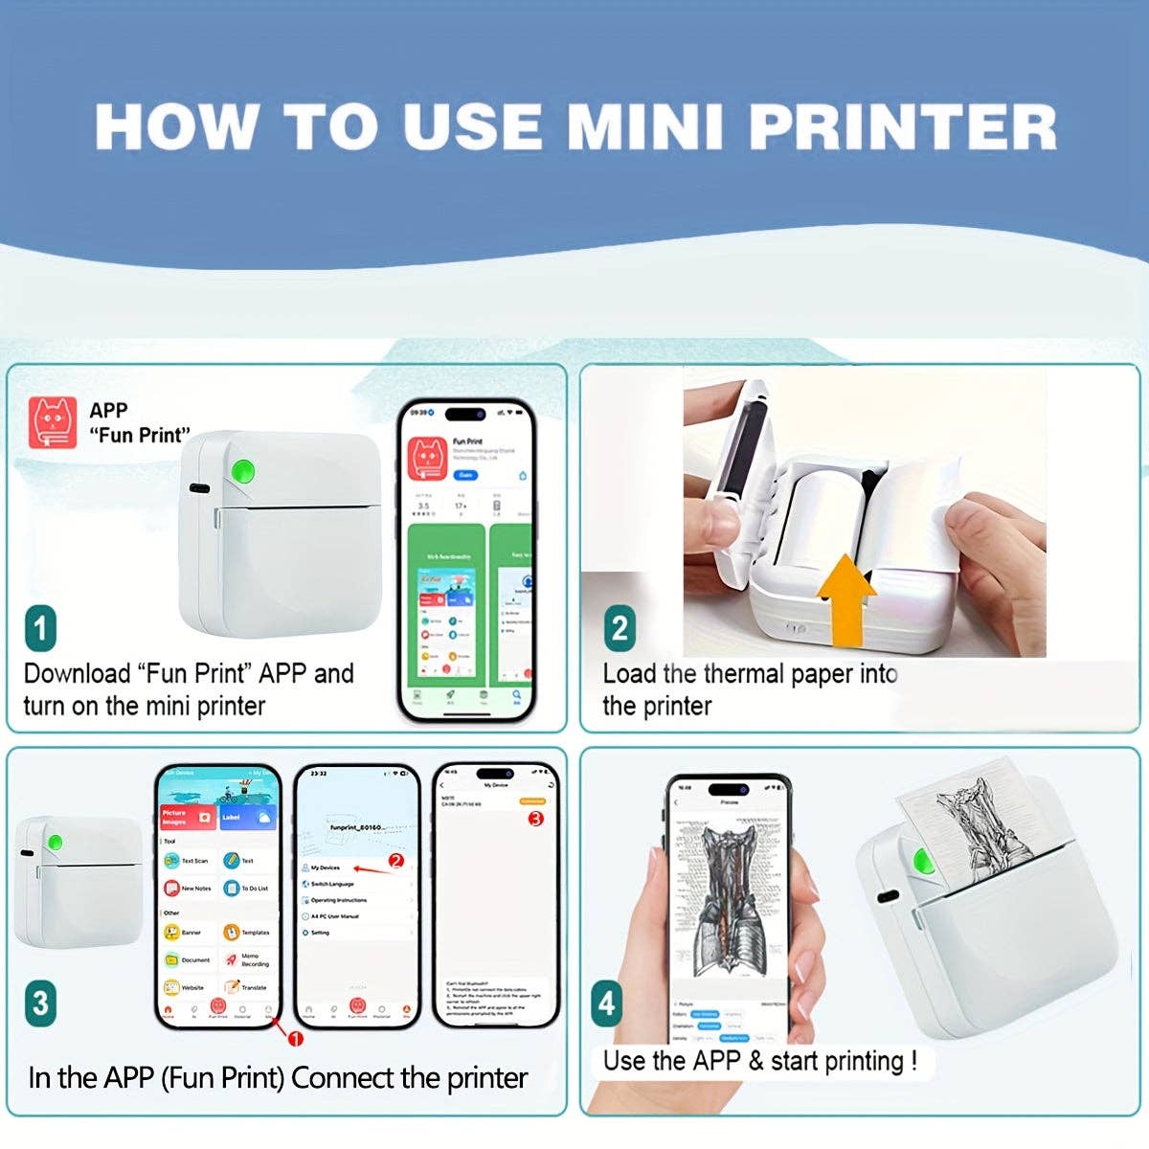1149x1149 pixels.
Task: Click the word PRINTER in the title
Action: click(x=902, y=126)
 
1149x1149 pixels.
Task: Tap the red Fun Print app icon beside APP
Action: click(x=54, y=423)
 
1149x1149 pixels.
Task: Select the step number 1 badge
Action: click(x=40, y=629)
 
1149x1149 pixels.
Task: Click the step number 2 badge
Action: click(x=620, y=629)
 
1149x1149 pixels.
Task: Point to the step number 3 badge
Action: click(x=40, y=1003)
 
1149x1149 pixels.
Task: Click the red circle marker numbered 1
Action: click(x=296, y=1040)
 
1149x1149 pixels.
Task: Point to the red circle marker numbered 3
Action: click(x=535, y=819)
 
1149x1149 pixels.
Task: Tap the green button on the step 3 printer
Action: click(x=56, y=842)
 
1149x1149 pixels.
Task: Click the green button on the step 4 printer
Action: click(x=925, y=860)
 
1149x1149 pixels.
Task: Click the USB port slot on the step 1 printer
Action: click(x=199, y=488)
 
